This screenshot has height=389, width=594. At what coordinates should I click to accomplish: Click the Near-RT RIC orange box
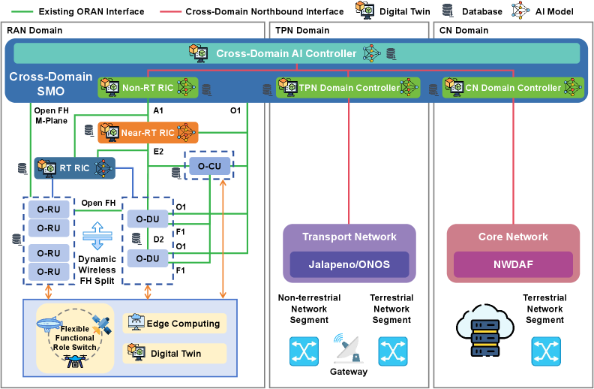click(148, 132)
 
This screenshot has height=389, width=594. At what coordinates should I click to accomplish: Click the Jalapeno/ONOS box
click(349, 264)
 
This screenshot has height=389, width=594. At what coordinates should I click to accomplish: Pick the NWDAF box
click(513, 264)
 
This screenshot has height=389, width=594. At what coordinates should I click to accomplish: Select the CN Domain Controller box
click(513, 88)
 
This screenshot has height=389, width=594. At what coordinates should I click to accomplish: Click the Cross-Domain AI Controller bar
click(297, 53)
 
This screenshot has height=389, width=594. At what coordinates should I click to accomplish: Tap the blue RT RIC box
click(73, 168)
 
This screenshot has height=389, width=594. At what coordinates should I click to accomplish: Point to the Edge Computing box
click(175, 324)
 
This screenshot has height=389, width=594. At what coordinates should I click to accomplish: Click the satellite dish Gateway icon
click(347, 349)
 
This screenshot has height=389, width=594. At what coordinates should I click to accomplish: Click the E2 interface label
click(158, 151)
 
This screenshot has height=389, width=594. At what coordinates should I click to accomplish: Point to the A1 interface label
click(158, 111)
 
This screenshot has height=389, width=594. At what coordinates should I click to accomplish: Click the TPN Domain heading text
click(302, 30)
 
